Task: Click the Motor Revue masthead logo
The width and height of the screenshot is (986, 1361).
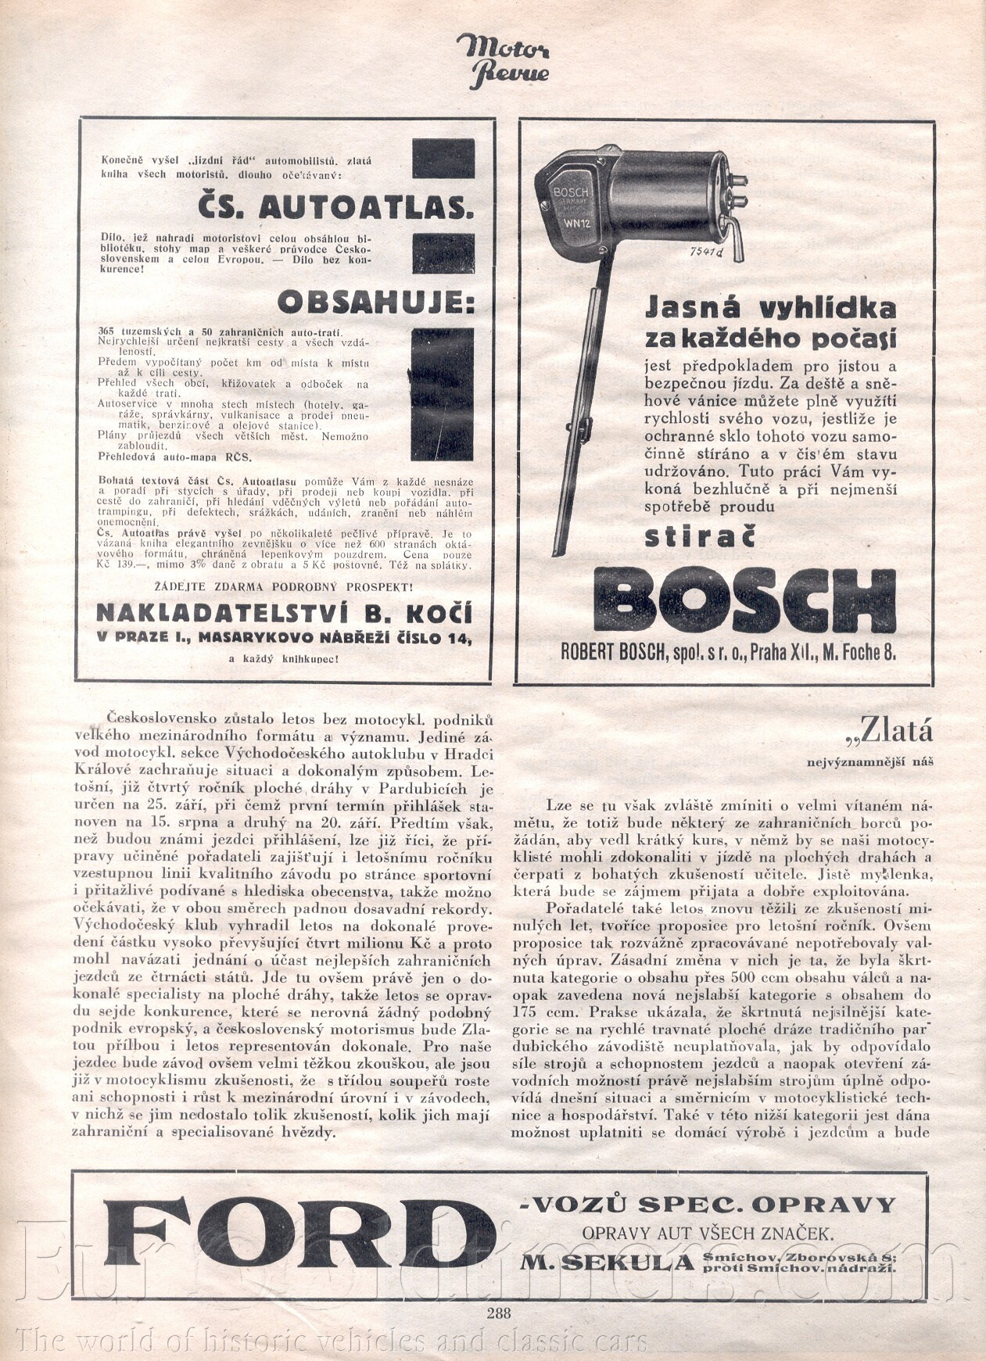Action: click(502, 59)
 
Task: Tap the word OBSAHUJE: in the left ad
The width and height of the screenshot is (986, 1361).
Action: click(375, 303)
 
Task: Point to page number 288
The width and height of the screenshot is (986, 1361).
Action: click(497, 1313)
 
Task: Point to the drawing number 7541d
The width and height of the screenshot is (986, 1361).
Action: click(708, 252)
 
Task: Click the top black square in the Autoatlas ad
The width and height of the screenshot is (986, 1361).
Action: click(443, 158)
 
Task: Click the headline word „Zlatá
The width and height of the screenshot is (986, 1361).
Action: click(888, 731)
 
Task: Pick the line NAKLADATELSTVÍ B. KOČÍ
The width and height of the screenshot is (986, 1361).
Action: click(285, 611)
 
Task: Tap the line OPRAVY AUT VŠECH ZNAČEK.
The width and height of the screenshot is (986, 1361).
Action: click(707, 1233)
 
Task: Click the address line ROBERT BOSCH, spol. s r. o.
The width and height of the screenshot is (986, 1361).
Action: click(728, 653)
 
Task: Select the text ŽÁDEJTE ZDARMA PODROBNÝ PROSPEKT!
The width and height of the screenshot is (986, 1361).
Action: click(285, 586)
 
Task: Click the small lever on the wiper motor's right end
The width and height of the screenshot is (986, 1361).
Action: click(735, 239)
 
